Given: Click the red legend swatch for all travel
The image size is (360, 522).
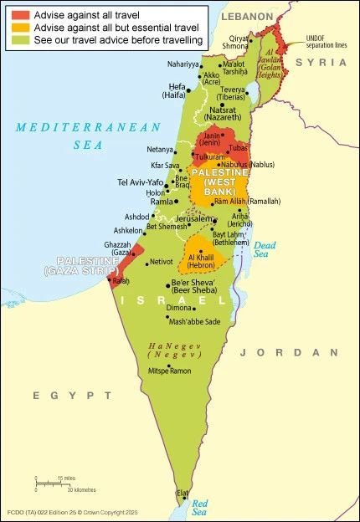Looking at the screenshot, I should point(21,15).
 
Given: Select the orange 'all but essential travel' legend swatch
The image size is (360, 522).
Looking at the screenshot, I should point(21,28).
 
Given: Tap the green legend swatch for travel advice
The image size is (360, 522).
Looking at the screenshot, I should point(21,39).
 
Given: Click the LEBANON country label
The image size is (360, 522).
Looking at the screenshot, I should point(247,17).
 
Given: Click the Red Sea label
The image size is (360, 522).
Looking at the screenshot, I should point(199,507).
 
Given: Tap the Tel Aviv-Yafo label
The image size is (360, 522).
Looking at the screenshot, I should point(141,182).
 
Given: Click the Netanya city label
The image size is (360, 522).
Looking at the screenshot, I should point(160,150).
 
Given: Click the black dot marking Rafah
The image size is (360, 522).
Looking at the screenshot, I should point(110,279).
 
